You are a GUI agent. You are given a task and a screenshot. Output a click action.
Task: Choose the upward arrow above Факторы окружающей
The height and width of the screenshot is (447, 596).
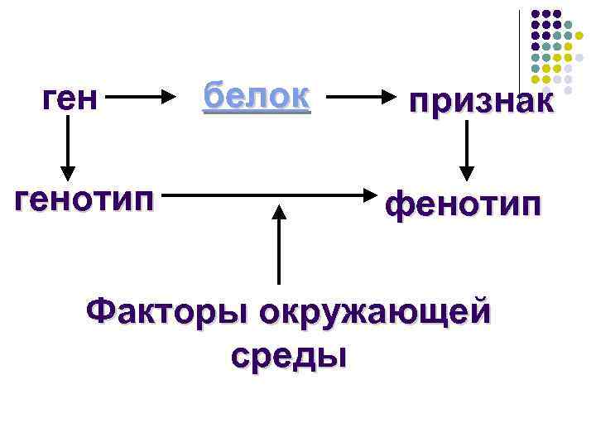pos(279,244)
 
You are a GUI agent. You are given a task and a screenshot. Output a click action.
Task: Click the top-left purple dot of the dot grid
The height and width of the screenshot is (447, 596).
pos(536,15)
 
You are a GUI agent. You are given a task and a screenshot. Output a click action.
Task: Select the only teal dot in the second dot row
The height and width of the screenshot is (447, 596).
pos(568,26)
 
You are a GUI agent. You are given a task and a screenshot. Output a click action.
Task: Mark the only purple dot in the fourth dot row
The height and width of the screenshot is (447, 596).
pos(536,47)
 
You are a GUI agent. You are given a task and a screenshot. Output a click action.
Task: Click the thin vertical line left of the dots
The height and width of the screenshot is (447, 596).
pos(520,50)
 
